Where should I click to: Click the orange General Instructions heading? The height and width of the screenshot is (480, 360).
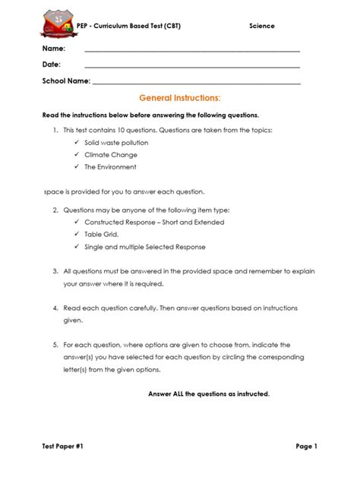click(180, 99)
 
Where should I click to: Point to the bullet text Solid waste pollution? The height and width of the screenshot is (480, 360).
click(116, 142)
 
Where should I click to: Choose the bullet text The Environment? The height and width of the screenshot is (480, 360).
click(111, 166)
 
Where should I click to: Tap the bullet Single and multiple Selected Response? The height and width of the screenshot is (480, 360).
click(145, 247)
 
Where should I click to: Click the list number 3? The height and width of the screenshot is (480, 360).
click(55, 270)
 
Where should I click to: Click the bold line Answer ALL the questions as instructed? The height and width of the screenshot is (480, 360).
click(209, 394)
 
